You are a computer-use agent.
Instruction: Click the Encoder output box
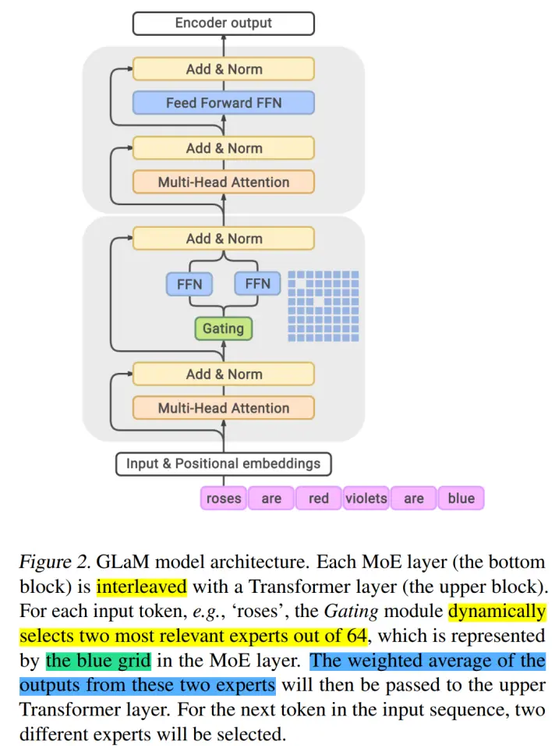pos(223,23)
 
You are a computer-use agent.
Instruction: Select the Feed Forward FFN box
pos(223,103)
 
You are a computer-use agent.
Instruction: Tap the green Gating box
pos(224,328)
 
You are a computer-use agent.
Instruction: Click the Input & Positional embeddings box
pos(223,463)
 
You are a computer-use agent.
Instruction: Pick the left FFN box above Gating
pos(189,284)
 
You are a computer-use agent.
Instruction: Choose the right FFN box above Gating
pos(257,284)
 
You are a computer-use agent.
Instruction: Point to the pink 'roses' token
pos(224,498)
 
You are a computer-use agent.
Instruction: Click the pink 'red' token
pos(318,498)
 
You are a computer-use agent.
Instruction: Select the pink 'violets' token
pos(366,498)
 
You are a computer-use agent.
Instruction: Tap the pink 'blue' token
pos(461,498)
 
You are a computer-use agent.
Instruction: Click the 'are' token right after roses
pos(271,498)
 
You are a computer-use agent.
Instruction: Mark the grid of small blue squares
pos(323,305)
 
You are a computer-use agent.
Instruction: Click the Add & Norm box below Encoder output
pos(223,69)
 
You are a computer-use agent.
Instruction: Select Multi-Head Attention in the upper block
pos(223,183)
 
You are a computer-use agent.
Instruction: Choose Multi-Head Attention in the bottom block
pos(223,408)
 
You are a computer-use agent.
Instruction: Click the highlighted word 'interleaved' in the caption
pos(141,587)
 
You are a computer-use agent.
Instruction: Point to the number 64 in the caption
pos(357,636)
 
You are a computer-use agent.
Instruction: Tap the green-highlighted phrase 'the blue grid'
pos(97,661)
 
